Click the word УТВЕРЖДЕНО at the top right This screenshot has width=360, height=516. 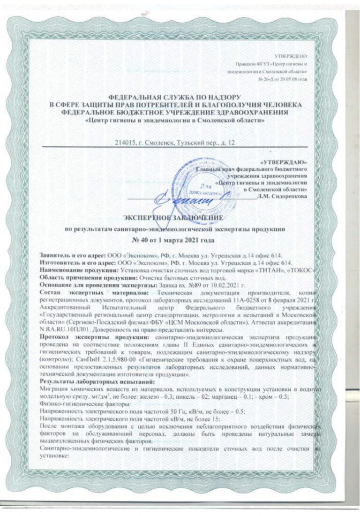click(294, 56)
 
